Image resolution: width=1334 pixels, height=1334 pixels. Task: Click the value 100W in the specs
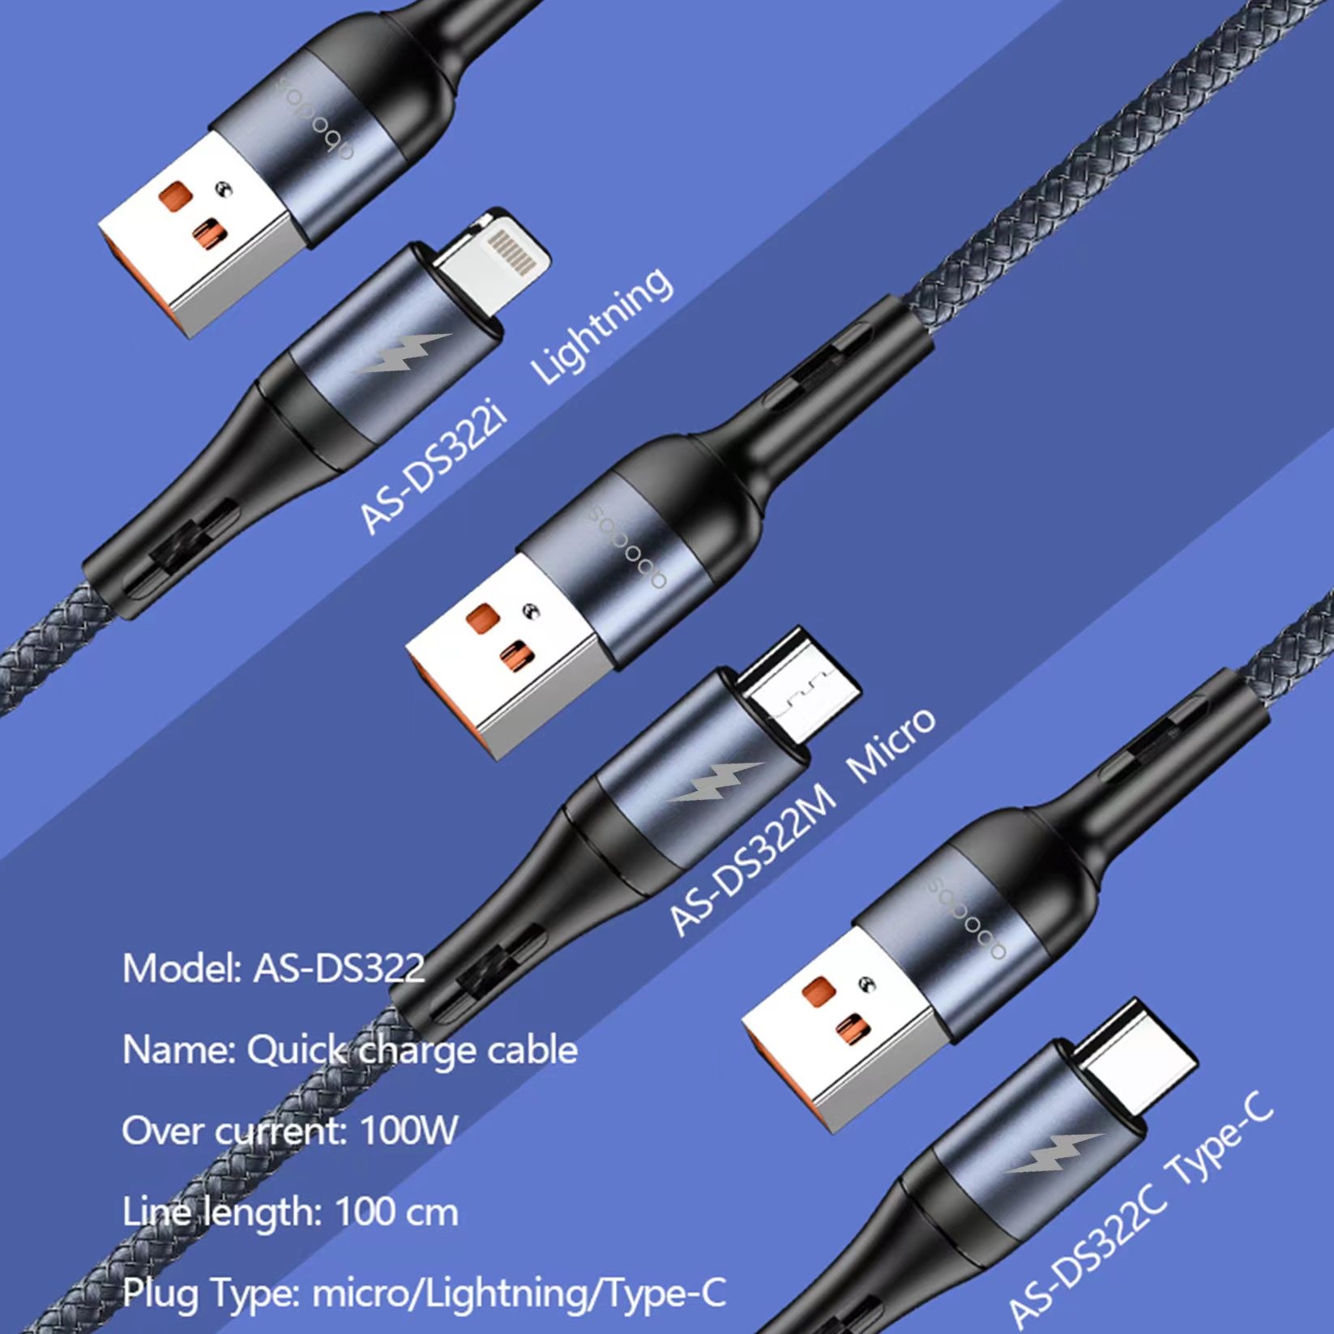[408, 1130]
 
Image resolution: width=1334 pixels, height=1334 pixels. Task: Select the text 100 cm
[396, 1212]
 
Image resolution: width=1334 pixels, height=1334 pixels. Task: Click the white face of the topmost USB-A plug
[195, 235]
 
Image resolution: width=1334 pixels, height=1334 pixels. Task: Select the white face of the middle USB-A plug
[503, 658]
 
